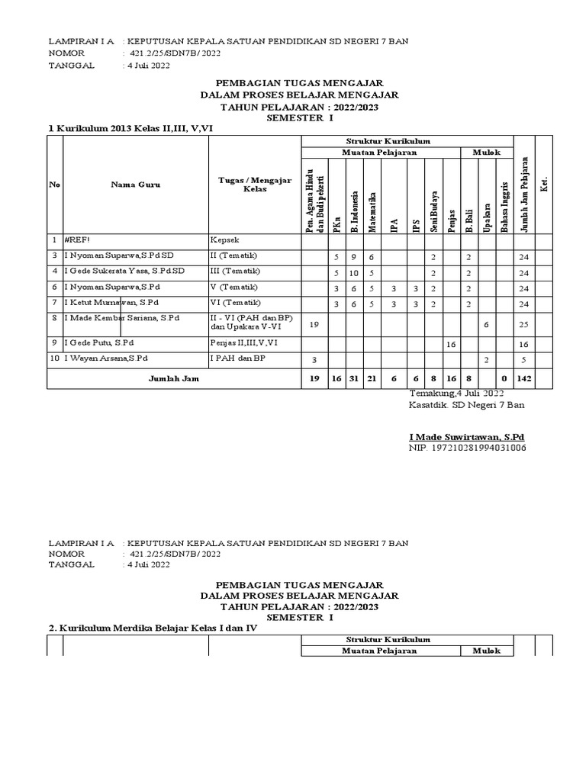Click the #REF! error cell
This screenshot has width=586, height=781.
[79, 239]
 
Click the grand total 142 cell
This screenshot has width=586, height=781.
[523, 379]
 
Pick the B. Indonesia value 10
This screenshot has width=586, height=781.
[354, 272]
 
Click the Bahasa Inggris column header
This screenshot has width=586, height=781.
[505, 203]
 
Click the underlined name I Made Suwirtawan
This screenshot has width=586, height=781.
[467, 436]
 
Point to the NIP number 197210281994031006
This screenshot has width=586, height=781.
[468, 448]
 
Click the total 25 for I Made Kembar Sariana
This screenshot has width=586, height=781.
[523, 325]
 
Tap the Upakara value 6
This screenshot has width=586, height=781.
[486, 325]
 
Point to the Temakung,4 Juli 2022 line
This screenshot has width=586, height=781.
[456, 393]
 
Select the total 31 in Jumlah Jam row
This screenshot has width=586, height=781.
[354, 379]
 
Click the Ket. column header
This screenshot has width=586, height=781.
[544, 185]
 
